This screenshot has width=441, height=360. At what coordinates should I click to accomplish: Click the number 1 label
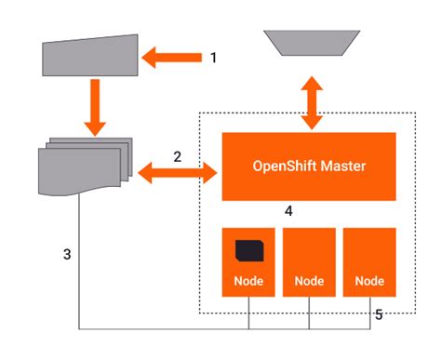(x=213, y=58)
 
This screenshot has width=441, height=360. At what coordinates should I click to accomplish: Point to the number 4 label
(x=289, y=211)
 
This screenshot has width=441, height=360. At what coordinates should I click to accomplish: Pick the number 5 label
(x=378, y=314)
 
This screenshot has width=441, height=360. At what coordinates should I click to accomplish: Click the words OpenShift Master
(x=309, y=167)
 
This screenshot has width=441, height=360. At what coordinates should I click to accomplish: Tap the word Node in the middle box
(x=309, y=280)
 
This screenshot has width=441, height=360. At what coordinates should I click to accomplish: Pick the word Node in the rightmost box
(x=369, y=280)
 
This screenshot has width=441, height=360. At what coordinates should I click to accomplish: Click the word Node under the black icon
(x=248, y=280)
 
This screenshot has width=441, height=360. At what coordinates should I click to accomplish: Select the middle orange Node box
(x=309, y=261)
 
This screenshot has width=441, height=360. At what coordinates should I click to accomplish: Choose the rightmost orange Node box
(x=369, y=261)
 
